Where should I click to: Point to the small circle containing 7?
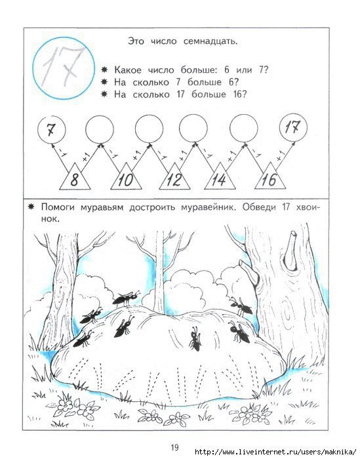(x=52, y=129)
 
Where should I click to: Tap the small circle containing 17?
(x=294, y=128)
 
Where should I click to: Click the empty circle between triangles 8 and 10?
(x=100, y=129)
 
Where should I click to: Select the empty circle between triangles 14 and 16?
(x=244, y=129)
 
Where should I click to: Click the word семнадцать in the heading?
(x=210, y=41)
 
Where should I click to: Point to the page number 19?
(x=174, y=447)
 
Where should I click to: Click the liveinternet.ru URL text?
(x=275, y=451)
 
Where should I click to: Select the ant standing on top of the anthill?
(x=126, y=298)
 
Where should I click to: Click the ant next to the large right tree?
(x=241, y=306)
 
